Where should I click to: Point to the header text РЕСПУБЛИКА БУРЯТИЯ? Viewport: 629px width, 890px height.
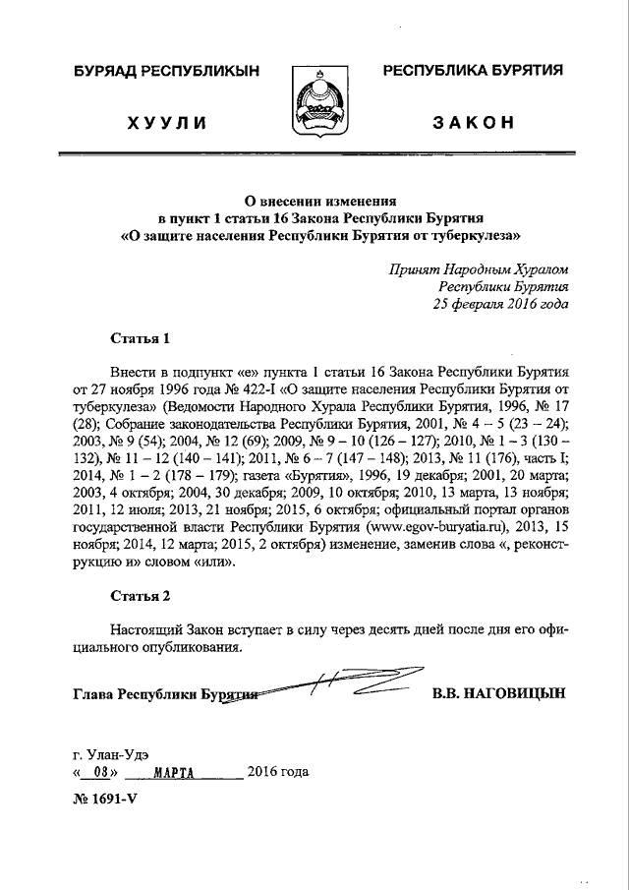(x=472, y=71)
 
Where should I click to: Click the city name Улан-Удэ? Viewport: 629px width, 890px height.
(x=120, y=753)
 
